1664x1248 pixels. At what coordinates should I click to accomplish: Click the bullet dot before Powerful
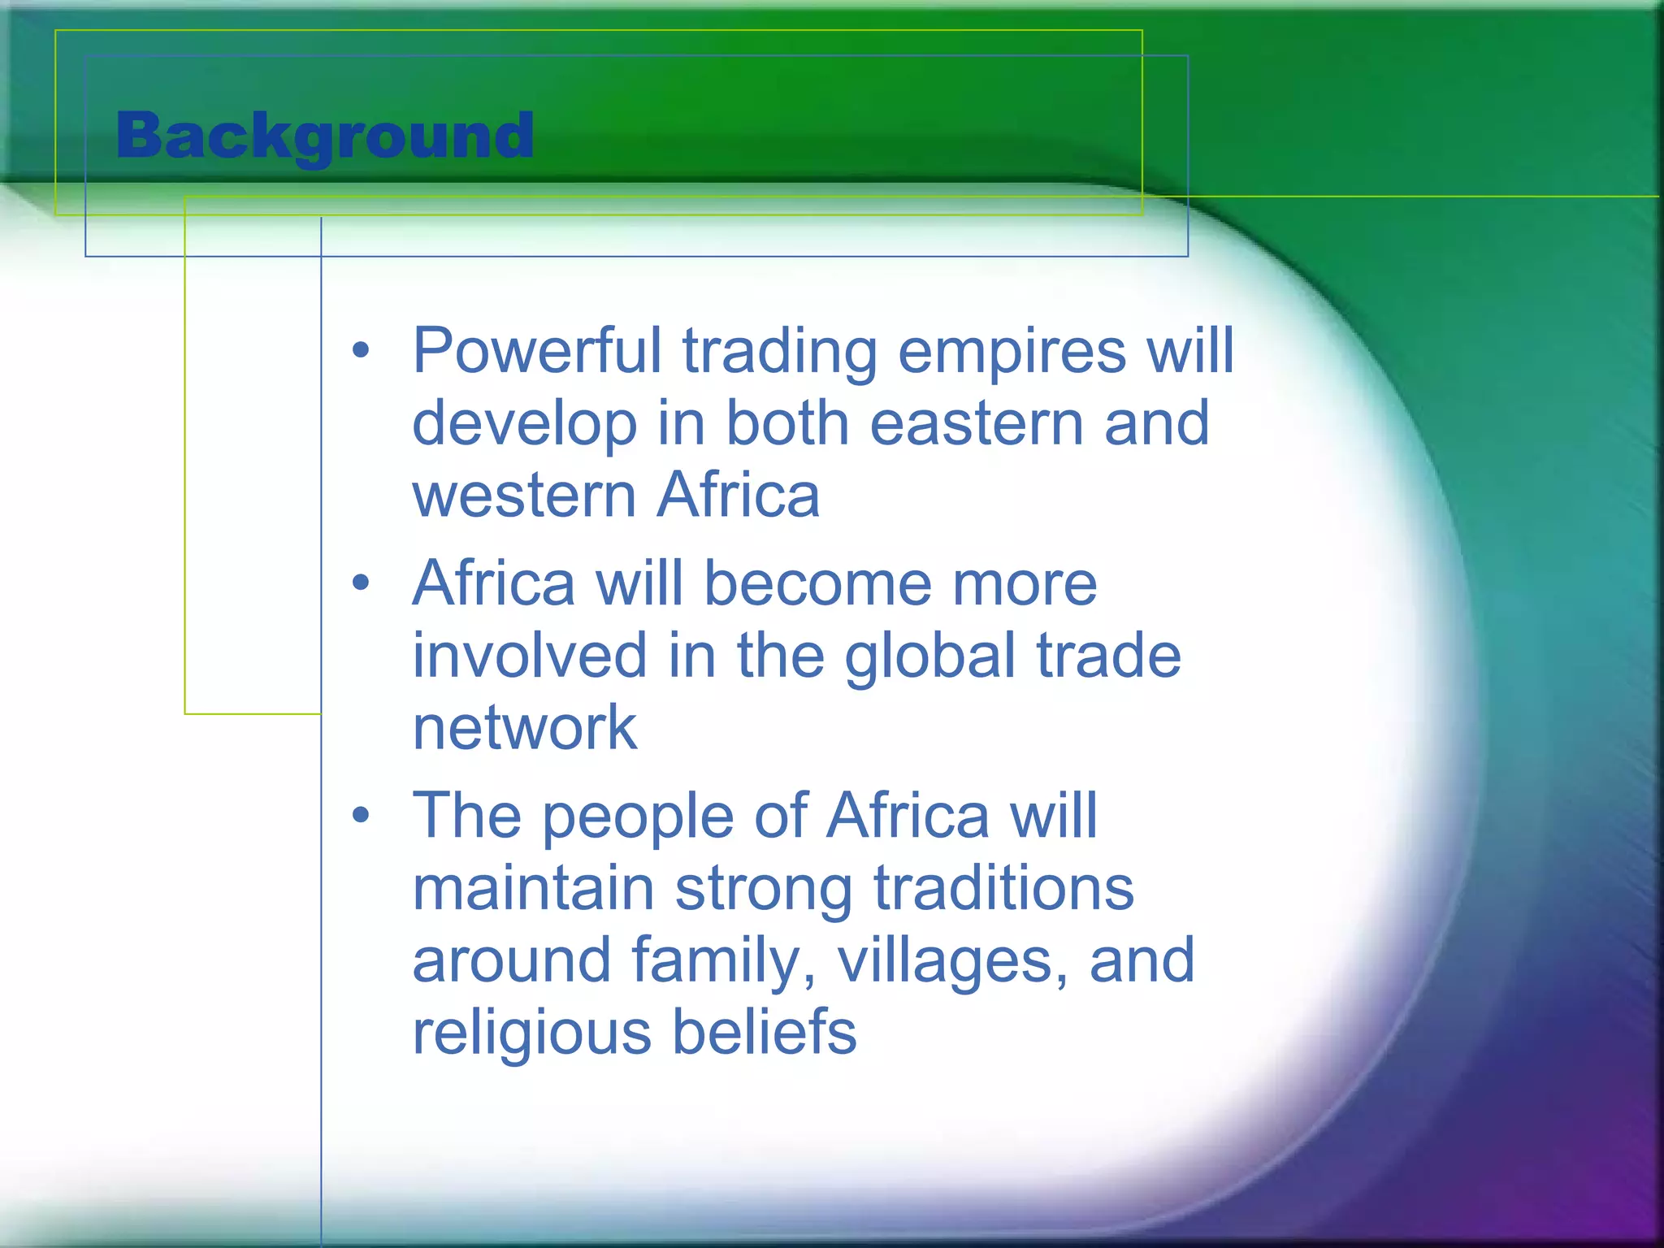pyautogui.click(x=361, y=353)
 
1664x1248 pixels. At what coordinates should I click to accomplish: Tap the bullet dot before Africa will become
pyautogui.click(x=361, y=583)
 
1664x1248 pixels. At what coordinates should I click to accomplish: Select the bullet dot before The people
pyautogui.click(x=361, y=815)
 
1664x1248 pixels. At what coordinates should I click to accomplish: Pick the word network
pyautogui.click(x=524, y=728)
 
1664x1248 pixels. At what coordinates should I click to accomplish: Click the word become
pyautogui.click(x=817, y=583)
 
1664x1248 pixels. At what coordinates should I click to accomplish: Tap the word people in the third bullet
pyautogui.click(x=639, y=817)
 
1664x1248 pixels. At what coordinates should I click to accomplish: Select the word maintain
pyautogui.click(x=533, y=888)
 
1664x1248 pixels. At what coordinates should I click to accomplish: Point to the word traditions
pyautogui.click(x=1003, y=888)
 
